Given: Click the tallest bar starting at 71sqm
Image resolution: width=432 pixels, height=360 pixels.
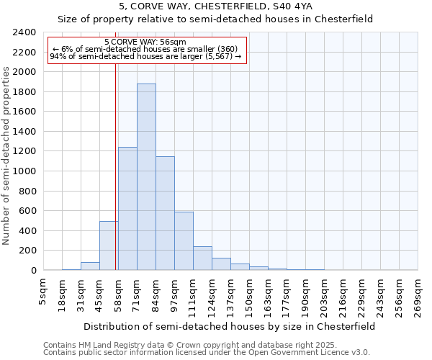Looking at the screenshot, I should point(146,177).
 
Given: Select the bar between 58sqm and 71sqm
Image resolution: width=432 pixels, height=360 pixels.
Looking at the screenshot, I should point(127,209).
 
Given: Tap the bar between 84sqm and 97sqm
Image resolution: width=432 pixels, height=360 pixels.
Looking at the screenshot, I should point(165,213).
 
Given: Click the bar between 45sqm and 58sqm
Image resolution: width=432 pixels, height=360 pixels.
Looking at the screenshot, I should point(109,246).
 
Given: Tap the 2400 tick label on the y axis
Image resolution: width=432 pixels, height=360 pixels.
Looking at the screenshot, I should point(24,32).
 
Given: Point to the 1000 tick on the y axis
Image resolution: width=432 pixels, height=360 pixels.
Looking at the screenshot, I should point(24,171).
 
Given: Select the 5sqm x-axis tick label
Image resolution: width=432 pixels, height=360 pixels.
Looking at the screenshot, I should point(44,292).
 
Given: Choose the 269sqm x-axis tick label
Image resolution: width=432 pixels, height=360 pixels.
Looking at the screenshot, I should point(418,294).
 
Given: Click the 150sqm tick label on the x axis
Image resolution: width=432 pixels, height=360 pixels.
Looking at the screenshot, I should point(250,294).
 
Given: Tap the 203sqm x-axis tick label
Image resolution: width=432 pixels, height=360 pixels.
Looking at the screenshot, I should point(325,294).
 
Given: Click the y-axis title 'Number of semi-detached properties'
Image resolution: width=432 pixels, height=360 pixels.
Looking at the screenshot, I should point(6,156).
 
